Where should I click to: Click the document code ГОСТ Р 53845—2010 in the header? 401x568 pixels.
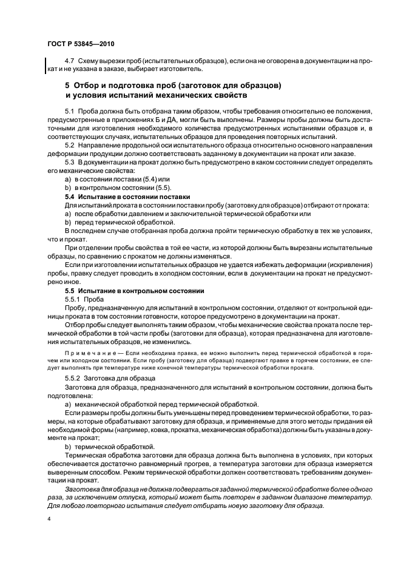pyautogui.click(x=80, y=44)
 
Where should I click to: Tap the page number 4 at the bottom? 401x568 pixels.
pyautogui.click(x=49, y=519)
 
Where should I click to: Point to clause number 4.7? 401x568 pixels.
pyautogui.click(x=70, y=63)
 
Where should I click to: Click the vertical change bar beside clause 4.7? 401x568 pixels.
pyautogui.click(x=46, y=66)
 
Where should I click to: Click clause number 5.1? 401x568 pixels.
pyautogui.click(x=70, y=112)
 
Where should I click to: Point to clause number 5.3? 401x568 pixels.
pyautogui.click(x=70, y=163)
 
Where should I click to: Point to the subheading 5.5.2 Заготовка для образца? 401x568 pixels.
pyautogui.click(x=110, y=377)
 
